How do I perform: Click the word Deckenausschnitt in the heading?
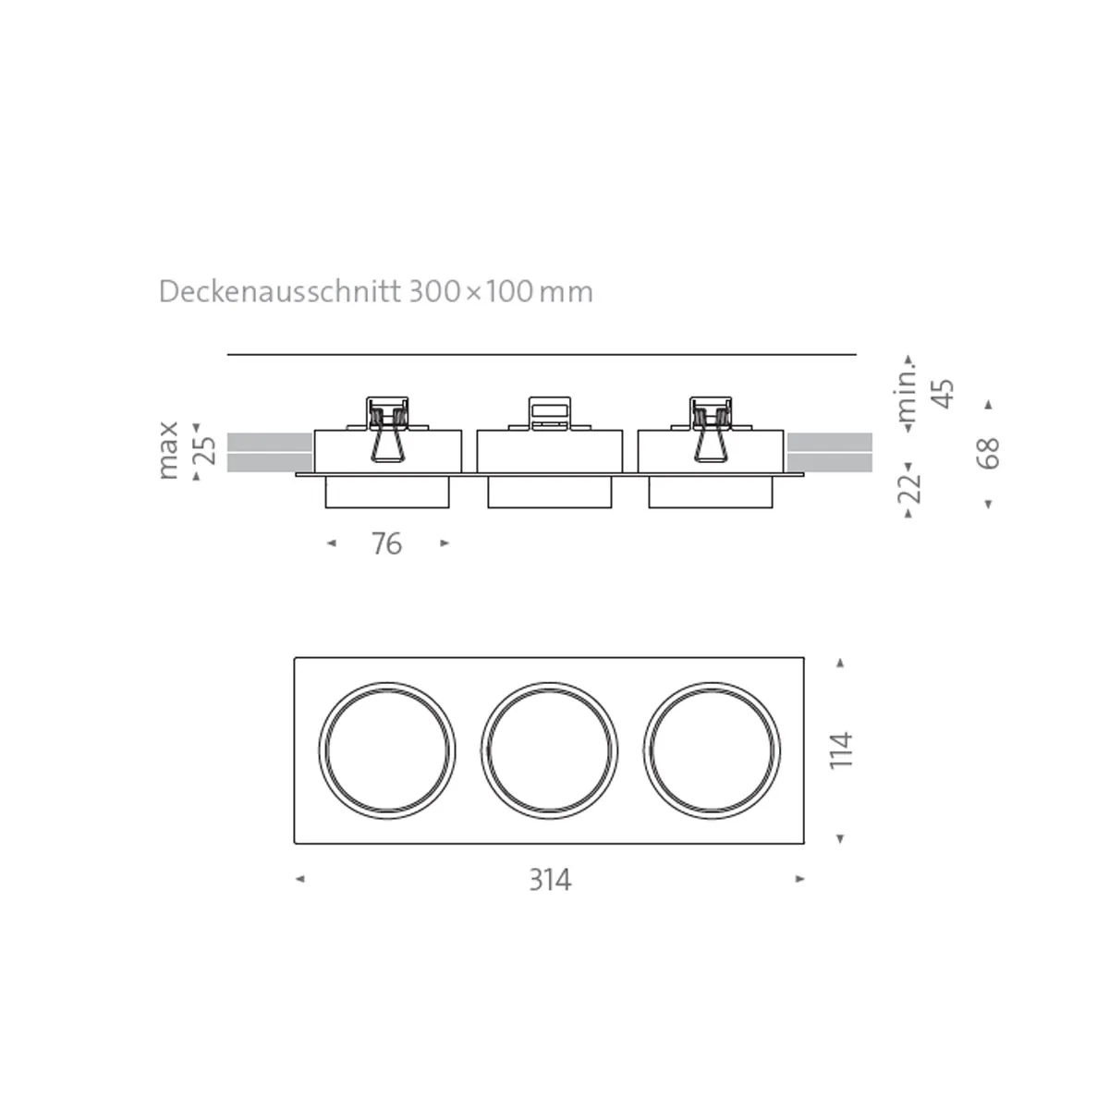[x=280, y=292]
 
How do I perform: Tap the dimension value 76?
[x=386, y=544]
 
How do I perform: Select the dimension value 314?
[x=550, y=880]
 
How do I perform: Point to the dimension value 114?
[x=841, y=750]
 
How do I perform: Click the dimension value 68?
[x=989, y=453]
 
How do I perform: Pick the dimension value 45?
[x=944, y=393]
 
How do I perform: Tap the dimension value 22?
[x=910, y=487]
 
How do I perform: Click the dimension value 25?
[x=207, y=450]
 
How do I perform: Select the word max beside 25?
[x=167, y=450]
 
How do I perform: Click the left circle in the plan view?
[x=387, y=749]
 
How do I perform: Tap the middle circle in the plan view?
[x=550, y=749]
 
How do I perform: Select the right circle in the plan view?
[x=713, y=749]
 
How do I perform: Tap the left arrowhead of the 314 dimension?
[x=299, y=879]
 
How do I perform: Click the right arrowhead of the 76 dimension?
[x=445, y=543]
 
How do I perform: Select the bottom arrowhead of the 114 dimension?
[x=840, y=838]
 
